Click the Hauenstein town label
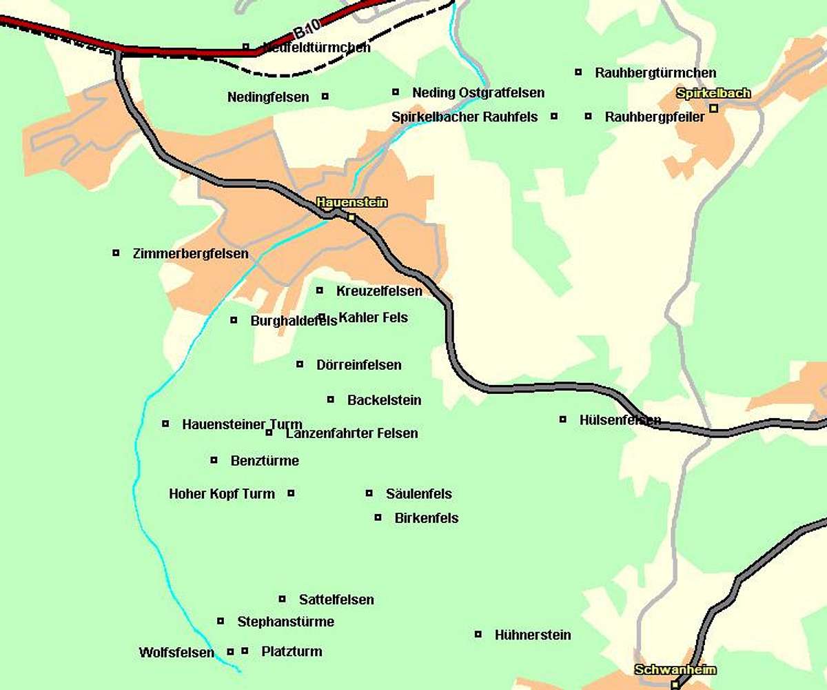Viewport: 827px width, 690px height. coord(351,202)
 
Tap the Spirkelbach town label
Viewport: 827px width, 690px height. coord(713,93)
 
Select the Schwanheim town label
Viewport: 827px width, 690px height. coord(675,669)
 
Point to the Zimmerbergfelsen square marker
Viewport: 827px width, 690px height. coord(116,253)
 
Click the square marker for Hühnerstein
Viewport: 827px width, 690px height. coord(478,634)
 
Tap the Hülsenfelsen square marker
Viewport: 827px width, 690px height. coord(563,419)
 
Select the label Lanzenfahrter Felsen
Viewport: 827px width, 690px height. coord(351,433)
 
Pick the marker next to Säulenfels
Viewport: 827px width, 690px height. coord(369,493)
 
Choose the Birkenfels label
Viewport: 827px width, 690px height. coord(427,518)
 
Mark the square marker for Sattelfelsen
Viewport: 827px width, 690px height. coord(282,598)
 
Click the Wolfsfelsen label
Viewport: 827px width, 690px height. coord(176,652)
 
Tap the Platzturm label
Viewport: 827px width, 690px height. coord(292,651)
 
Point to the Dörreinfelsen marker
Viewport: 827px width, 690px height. coord(300,364)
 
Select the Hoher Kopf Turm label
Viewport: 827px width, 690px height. coord(222,494)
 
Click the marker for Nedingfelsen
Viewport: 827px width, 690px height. coord(325,96)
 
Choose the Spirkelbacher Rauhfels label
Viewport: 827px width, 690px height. coord(464,117)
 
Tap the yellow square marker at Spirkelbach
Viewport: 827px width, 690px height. coord(714,108)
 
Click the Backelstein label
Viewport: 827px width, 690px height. coord(384,400)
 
